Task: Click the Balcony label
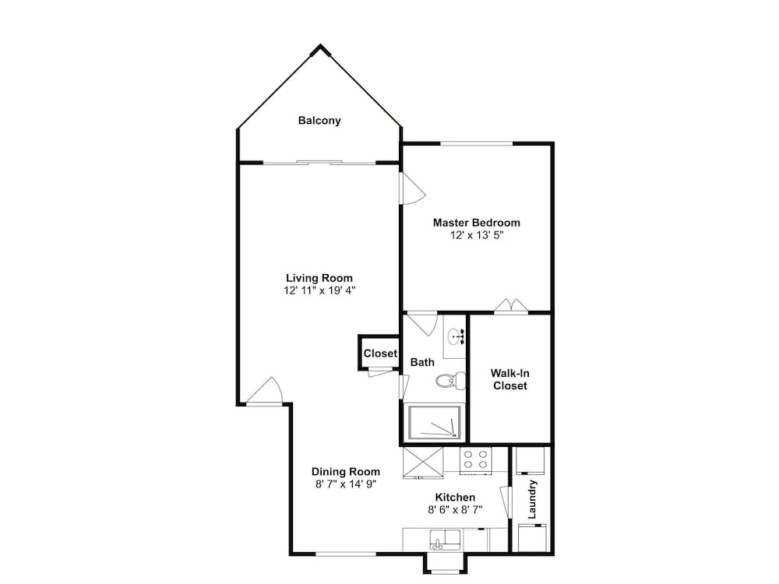(x=319, y=121)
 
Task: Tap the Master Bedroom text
(x=476, y=223)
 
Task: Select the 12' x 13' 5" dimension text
(x=476, y=235)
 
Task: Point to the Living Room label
(x=319, y=278)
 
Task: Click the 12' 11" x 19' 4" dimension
(x=319, y=290)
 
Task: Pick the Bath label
(x=422, y=362)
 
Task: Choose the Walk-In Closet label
(x=509, y=379)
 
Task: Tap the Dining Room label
(x=346, y=471)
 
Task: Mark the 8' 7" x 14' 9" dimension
(x=346, y=484)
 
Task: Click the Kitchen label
(x=455, y=497)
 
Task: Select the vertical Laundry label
(x=533, y=500)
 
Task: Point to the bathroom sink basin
(x=454, y=336)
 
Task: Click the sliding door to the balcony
(x=319, y=163)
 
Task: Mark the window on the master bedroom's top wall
(x=477, y=143)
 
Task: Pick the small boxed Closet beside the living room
(x=380, y=353)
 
